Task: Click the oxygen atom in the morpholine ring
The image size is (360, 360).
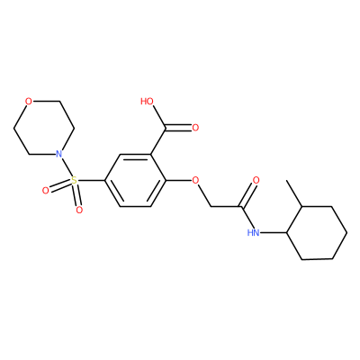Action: pos(29,102)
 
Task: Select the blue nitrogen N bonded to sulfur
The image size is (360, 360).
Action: pos(59,154)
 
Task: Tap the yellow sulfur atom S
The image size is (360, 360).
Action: pos(74,181)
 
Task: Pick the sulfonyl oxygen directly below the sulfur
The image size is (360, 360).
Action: pos(79,210)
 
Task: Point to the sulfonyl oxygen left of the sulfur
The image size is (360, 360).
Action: pos(45,191)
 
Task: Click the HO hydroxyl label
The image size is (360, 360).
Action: pos(147,102)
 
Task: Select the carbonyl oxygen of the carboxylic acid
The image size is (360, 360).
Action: pos(195,128)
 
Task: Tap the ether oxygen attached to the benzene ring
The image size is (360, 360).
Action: pos(195,180)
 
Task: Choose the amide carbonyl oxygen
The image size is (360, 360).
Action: pos(256,180)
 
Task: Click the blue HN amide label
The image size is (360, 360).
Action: pos(253,232)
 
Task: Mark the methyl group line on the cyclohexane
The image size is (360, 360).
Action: pos(294,193)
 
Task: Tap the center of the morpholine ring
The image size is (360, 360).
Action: pos(44,128)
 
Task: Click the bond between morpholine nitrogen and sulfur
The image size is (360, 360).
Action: pos(67,168)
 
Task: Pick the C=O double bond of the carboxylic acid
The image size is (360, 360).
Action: pos(178,128)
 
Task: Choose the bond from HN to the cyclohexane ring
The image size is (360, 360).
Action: pos(274,232)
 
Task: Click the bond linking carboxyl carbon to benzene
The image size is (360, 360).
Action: pos(157,141)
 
